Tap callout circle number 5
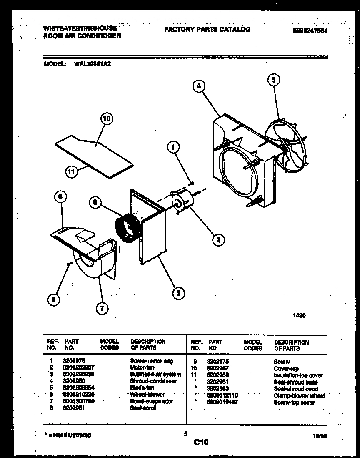pos(274,79)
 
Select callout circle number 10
pos(107,118)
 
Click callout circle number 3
pos(178,293)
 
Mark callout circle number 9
pos(52,299)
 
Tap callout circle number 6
pos(95,202)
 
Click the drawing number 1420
pos(300,316)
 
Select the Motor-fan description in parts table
pos(142,367)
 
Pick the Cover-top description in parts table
pos(286,369)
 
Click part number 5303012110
pos(222,395)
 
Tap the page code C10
pos(201,442)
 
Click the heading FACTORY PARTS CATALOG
pos(207,30)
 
